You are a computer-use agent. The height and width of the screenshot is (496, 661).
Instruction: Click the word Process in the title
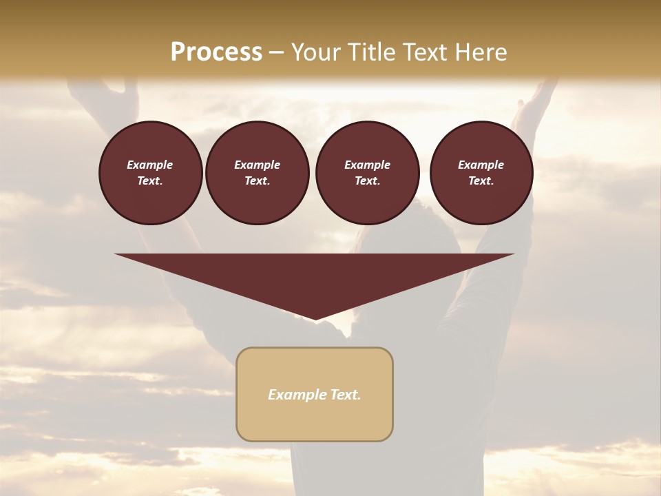pos(216,52)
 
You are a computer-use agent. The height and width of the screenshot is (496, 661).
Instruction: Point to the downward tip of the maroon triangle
pos(315,318)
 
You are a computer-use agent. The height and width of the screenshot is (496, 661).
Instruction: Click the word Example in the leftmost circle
pos(150,165)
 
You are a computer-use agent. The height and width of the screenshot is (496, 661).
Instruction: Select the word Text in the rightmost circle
pos(481,180)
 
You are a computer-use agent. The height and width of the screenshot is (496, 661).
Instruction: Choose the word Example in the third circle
pos(367,165)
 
